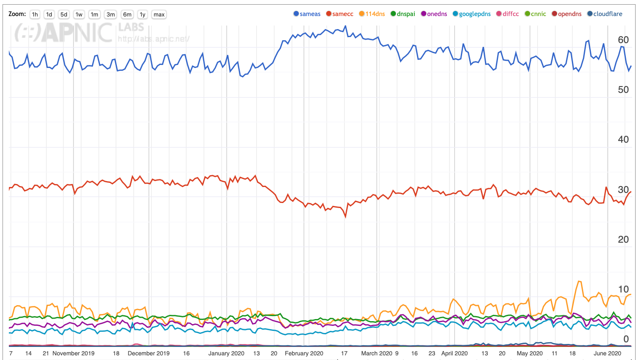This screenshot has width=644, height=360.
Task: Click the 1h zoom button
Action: tap(35, 14)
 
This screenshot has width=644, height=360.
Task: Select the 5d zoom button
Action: tap(64, 14)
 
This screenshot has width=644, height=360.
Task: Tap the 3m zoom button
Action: tap(111, 14)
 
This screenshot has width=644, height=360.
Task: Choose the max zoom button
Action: tap(159, 14)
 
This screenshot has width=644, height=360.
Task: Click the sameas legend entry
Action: tap(307, 14)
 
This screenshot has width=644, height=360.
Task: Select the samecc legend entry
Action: tap(340, 14)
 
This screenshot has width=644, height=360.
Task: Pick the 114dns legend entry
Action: tap(372, 14)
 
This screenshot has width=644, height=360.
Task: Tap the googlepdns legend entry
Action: tap(472, 14)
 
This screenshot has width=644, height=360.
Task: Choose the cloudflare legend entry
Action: tap(605, 14)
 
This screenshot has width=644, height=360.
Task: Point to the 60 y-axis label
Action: tap(623, 40)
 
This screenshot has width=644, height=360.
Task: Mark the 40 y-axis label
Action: tap(623, 140)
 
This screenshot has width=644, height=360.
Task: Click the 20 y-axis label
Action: tap(623, 240)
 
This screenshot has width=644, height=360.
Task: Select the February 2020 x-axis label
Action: tap(304, 353)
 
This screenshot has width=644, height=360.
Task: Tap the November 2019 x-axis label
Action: tap(73, 353)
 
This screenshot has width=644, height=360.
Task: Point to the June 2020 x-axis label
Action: tap(607, 353)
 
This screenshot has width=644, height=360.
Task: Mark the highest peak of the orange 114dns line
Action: tap(579, 281)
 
